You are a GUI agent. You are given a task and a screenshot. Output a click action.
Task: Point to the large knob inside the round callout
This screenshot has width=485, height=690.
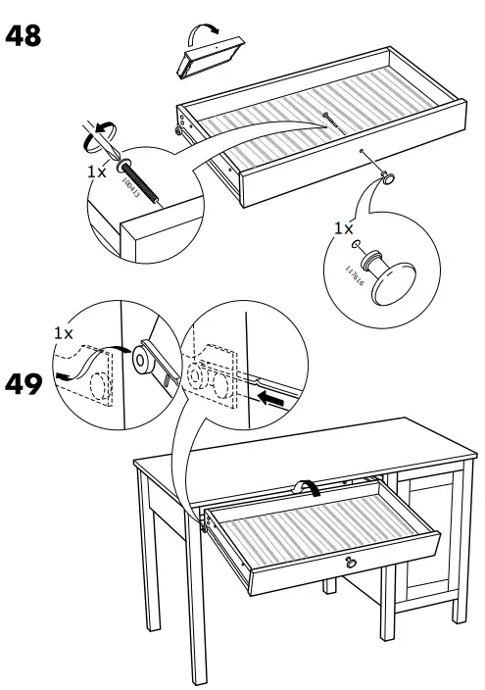pyautogui.click(x=396, y=283)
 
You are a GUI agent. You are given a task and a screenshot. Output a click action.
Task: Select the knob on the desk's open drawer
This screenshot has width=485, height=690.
pyautogui.click(x=350, y=563)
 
